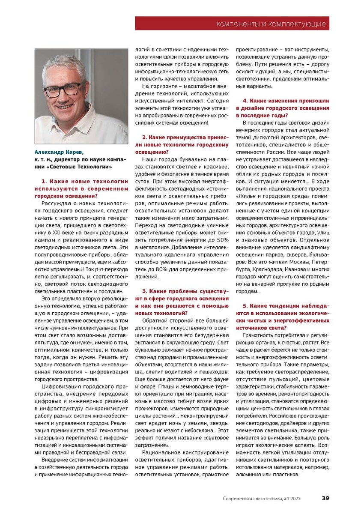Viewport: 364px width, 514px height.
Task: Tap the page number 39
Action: tap(325, 498)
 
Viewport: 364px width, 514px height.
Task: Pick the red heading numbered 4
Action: tap(283, 108)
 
